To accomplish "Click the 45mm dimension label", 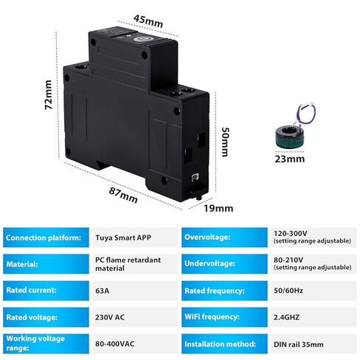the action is click(x=148, y=21).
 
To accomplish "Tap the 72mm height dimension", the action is click(x=48, y=95).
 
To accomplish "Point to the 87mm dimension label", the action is click(x=123, y=195).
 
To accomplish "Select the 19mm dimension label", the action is click(x=218, y=209).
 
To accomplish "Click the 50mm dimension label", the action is click(x=225, y=142).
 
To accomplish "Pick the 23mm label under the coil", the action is click(x=290, y=159).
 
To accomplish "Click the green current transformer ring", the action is click(x=289, y=137).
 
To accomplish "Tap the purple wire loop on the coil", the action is click(x=306, y=114).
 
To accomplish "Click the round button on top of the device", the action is click(x=138, y=40).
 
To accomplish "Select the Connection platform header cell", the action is click(x=46, y=238).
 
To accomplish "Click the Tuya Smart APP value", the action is click(x=123, y=238).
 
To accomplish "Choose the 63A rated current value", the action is click(x=103, y=291).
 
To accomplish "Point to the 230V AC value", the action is click(x=110, y=317).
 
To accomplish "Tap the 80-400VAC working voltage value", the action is click(x=115, y=344).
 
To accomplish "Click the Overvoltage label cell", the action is click(x=224, y=238).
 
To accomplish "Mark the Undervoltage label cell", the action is click(x=224, y=264).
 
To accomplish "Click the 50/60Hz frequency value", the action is click(x=288, y=291).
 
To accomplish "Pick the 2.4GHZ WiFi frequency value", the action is click(x=286, y=317).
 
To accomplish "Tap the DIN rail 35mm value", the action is click(x=299, y=345).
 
